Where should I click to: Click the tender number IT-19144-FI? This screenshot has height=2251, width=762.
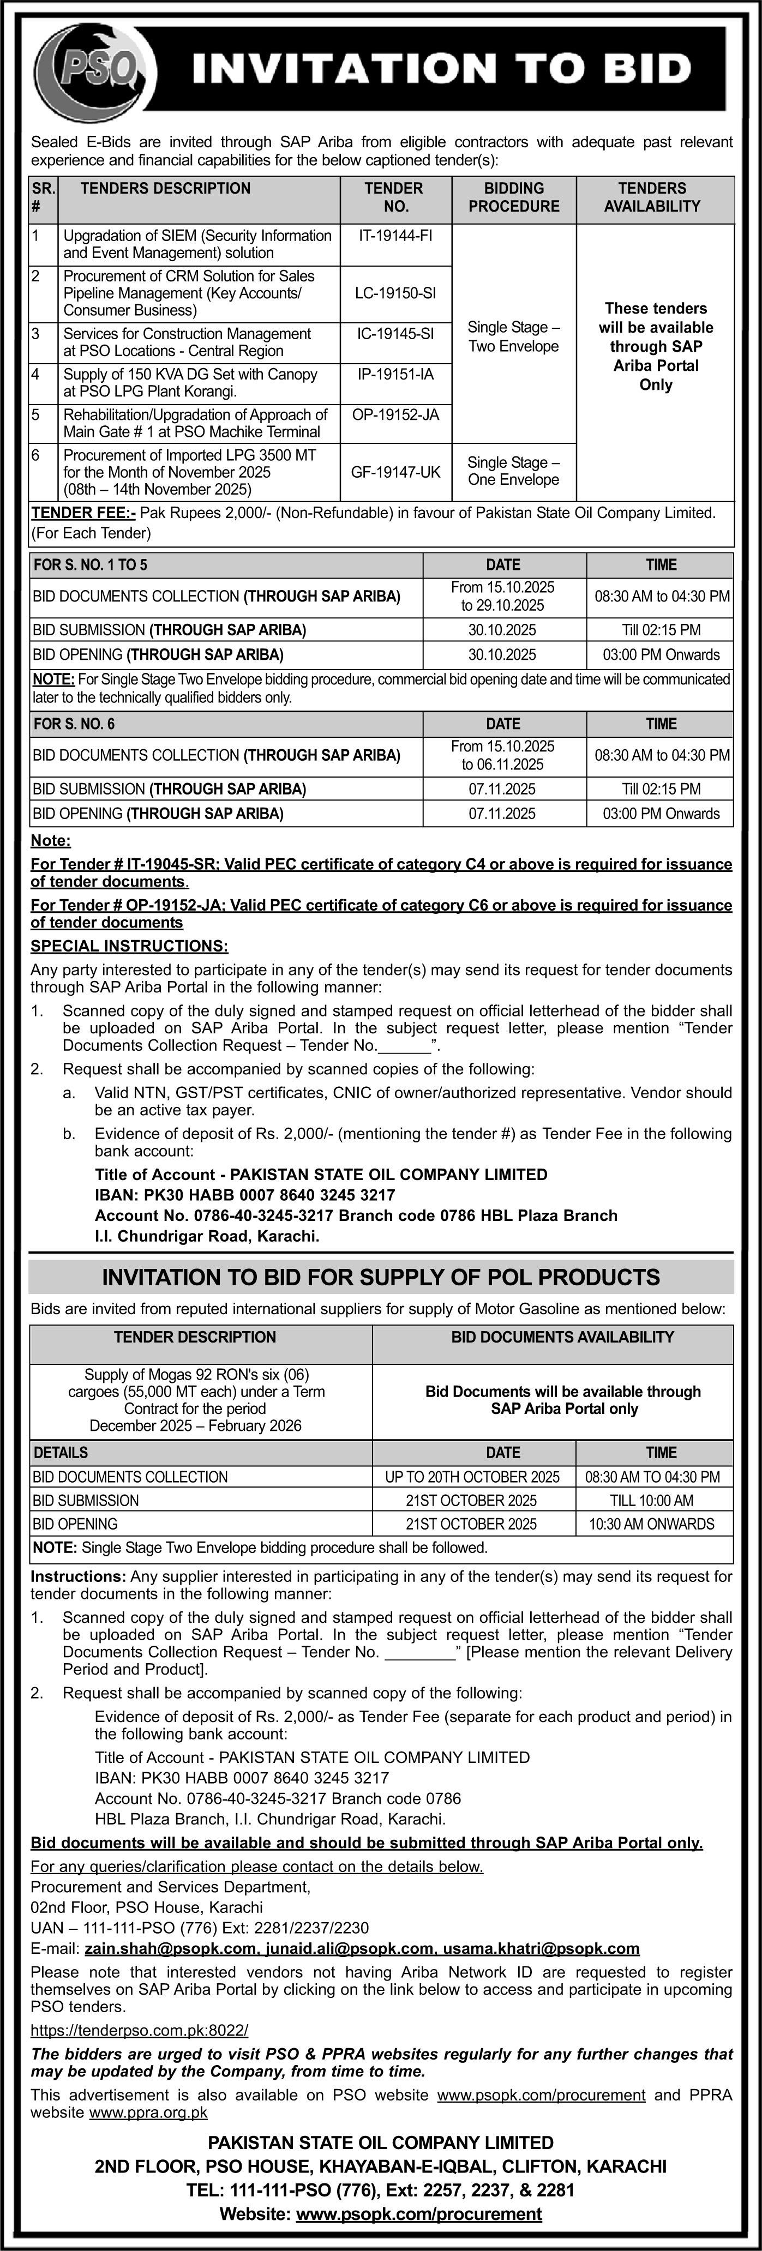point(395,235)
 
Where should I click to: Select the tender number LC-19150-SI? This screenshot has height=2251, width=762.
point(395,293)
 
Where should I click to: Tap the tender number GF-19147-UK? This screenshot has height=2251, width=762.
point(395,472)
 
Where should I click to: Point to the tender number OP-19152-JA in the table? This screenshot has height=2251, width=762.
point(395,415)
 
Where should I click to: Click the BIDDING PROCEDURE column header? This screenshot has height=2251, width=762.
point(514,197)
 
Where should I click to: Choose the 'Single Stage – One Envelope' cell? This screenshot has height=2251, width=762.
point(514,471)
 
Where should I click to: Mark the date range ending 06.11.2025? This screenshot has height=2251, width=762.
point(503,755)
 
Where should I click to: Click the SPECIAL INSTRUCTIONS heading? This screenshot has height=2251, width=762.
point(129,946)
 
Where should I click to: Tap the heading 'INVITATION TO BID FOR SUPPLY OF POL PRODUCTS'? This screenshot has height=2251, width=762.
point(381,1278)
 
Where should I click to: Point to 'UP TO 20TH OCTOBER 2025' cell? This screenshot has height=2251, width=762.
point(473,1477)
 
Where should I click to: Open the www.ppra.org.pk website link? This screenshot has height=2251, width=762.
point(148,2113)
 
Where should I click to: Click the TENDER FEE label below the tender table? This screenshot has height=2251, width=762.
point(83,513)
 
